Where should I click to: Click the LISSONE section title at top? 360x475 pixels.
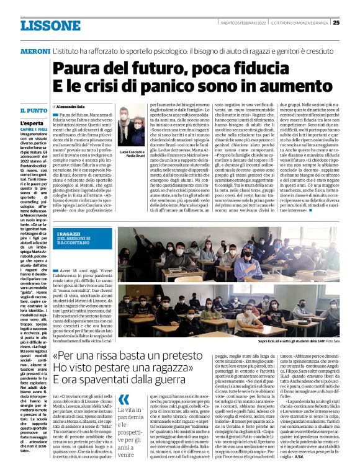[x=47, y=25]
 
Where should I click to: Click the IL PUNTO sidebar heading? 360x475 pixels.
[x=33, y=110]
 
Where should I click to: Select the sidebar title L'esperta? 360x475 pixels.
[x=30, y=123]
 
